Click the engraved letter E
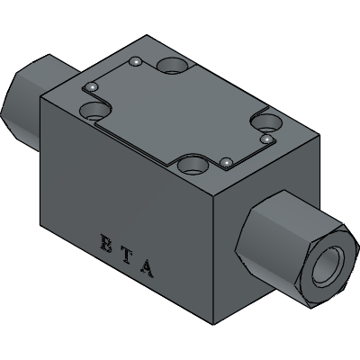[105, 243]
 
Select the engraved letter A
[148, 269]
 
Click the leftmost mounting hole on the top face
[94, 111]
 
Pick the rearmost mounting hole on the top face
[173, 66]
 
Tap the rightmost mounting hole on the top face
[266, 122]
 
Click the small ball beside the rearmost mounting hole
[136, 61]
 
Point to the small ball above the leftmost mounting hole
[92, 86]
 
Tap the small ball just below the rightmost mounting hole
[266, 139]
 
